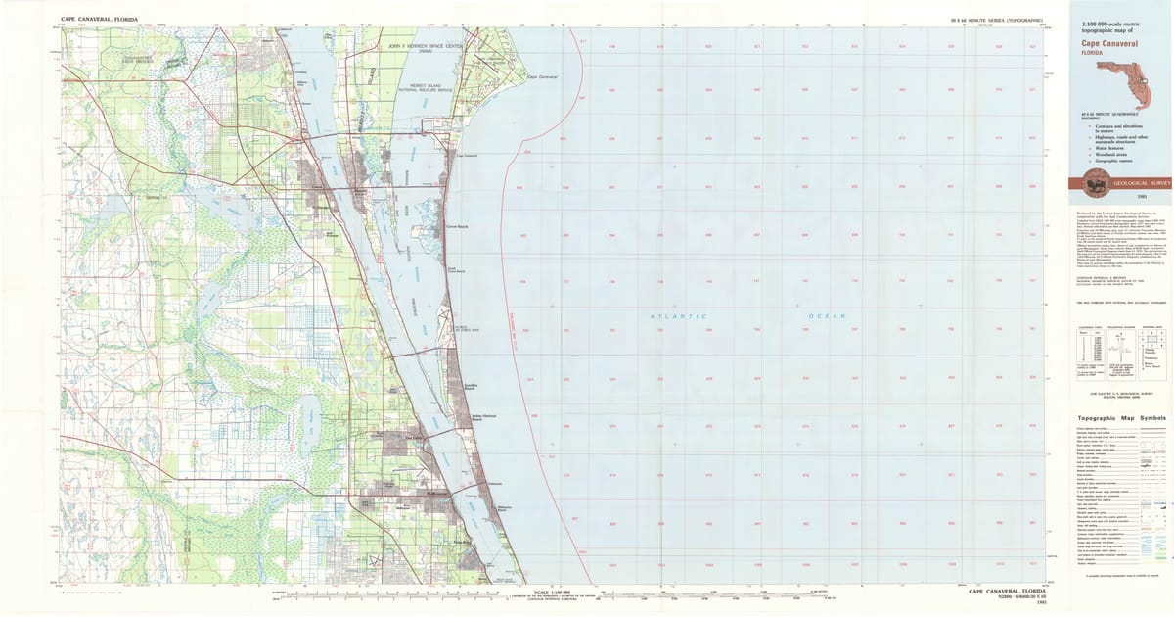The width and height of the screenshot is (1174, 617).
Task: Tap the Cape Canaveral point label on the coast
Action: (x=541, y=76)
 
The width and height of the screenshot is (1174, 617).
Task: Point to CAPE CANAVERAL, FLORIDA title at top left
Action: (x=99, y=19)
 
